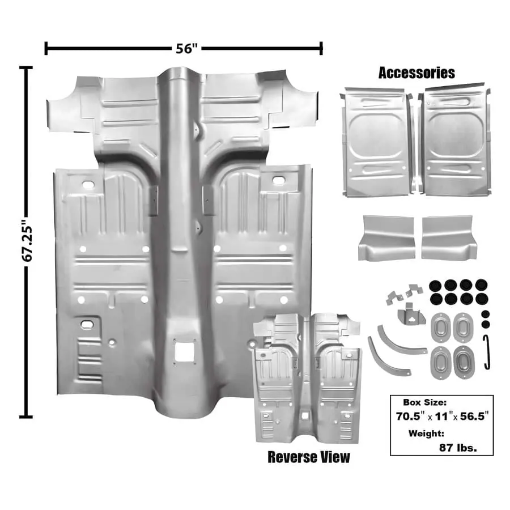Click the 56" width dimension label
(x=185, y=49)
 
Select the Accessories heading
(x=416, y=73)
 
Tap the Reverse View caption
(x=308, y=457)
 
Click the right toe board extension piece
(x=447, y=236)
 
